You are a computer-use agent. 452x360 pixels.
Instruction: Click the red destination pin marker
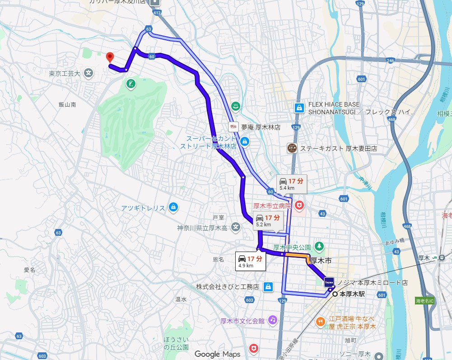[109, 57]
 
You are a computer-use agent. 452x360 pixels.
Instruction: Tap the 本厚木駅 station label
[352, 294]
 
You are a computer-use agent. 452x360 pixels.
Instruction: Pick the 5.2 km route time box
[268, 220]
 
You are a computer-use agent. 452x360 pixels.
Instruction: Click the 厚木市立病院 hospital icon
[299, 206]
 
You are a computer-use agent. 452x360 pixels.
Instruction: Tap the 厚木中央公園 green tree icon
[319, 246]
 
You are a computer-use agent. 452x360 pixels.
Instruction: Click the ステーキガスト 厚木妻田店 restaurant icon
[292, 148]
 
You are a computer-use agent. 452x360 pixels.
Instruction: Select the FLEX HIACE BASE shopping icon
[299, 108]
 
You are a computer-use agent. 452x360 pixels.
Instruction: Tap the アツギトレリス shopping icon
[172, 208]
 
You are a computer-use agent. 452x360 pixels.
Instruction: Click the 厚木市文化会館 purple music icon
[272, 320]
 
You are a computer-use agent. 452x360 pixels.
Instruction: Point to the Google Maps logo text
[218, 354]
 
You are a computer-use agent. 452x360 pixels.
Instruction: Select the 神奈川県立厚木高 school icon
[235, 227]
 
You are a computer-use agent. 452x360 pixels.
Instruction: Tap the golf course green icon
[130, 84]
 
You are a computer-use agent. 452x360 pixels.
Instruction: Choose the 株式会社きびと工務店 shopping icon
[268, 286]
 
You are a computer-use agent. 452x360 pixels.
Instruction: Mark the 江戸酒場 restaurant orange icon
[321, 321]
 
